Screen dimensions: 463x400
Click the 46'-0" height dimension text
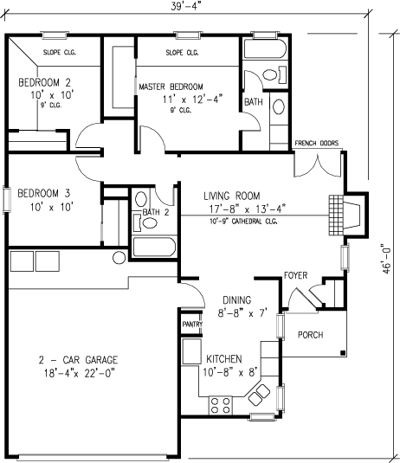(x=390, y=256)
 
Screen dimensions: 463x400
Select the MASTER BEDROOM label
(x=171, y=87)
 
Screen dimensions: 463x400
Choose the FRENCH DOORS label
(x=316, y=144)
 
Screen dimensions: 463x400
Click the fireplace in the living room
(x=338, y=214)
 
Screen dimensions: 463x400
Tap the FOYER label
(x=296, y=275)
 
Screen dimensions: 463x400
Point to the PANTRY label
(x=191, y=325)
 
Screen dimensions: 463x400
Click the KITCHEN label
(x=224, y=358)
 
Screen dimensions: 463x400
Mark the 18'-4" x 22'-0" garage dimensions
(x=78, y=373)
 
